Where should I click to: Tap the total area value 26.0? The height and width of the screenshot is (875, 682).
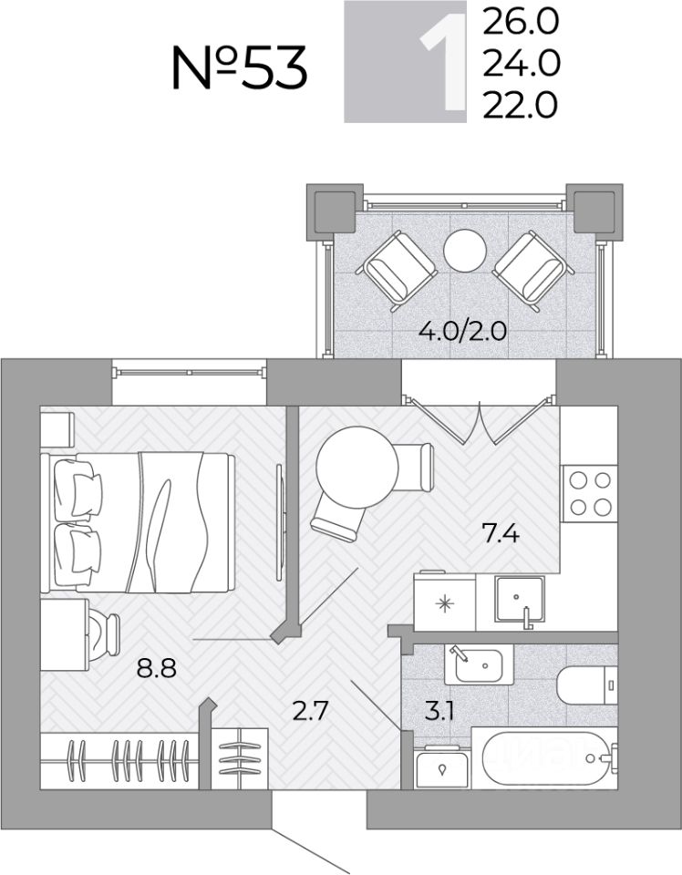(x=521, y=22)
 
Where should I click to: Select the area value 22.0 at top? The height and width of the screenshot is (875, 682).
(x=521, y=106)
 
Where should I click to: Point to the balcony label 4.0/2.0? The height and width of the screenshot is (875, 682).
(x=462, y=332)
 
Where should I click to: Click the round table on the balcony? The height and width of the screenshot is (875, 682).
(x=465, y=252)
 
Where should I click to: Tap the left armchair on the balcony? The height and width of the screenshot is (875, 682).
(x=397, y=271)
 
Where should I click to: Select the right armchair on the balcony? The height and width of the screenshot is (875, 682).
(x=533, y=271)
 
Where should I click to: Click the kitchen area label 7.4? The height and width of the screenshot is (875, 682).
(x=501, y=535)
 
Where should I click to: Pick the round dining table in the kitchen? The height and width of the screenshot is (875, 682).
(x=356, y=467)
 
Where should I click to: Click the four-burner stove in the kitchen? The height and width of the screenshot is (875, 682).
(x=589, y=493)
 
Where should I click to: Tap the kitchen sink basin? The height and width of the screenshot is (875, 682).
(x=520, y=599)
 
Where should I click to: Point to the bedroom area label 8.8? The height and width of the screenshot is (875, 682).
(x=157, y=667)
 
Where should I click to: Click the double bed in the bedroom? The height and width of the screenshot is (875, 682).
(x=138, y=522)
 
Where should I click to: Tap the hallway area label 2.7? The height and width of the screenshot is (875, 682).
(x=310, y=712)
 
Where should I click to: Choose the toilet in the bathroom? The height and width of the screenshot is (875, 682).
(x=587, y=685)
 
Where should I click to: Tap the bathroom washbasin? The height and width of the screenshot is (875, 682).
(x=479, y=664)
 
